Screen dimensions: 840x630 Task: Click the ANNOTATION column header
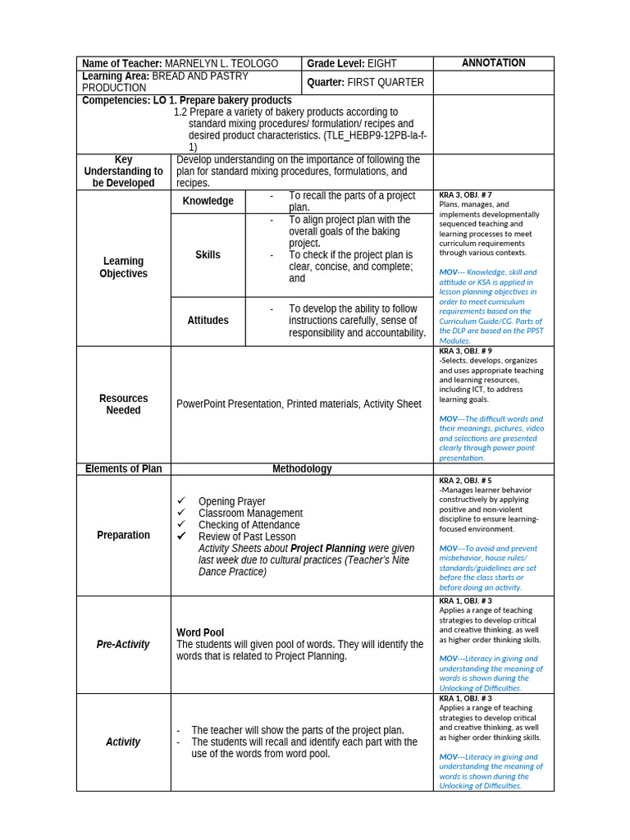point(493,63)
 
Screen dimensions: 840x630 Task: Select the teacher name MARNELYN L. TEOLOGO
point(221,64)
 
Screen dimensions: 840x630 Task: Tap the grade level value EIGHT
point(382,64)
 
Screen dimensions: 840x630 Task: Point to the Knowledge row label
point(208,201)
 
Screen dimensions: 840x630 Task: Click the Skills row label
point(208,255)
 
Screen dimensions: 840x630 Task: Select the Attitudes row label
point(208,321)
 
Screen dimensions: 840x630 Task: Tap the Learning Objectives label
point(123,267)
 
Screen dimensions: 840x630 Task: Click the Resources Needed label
point(123,404)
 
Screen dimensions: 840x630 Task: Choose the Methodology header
point(302,469)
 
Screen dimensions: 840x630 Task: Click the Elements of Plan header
point(123,469)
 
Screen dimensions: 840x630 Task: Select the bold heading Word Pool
point(200,632)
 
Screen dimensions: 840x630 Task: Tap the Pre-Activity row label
point(123,645)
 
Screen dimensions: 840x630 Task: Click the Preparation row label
point(123,535)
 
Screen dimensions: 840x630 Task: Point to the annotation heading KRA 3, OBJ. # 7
point(465,195)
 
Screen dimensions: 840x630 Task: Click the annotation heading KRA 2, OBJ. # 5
point(465,480)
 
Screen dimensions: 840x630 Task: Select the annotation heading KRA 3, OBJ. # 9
point(465,351)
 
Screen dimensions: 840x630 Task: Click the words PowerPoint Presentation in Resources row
point(229,404)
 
